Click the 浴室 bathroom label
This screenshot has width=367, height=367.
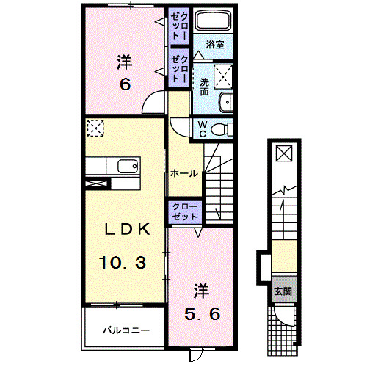(x=215, y=45)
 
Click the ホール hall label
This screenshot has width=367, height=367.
(x=183, y=174)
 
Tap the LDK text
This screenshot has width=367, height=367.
(x=126, y=229)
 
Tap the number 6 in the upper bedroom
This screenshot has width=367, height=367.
(x=125, y=85)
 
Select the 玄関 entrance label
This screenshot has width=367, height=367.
(x=283, y=290)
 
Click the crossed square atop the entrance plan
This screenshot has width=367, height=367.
(x=283, y=153)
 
